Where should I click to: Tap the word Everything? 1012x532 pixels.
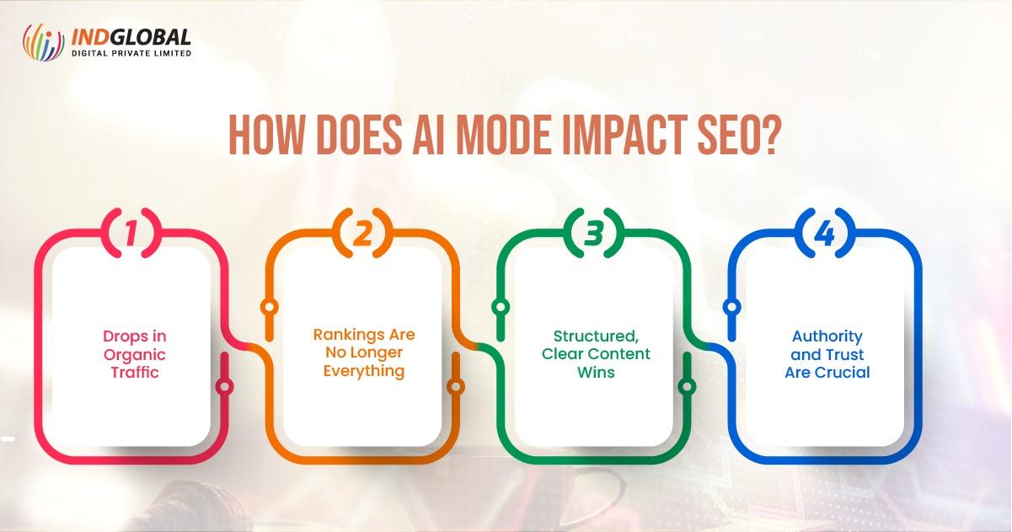click(x=363, y=371)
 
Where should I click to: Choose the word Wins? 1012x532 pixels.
click(x=595, y=372)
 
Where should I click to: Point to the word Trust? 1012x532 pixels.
click(x=843, y=354)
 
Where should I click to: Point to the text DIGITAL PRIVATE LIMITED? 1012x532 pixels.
click(x=131, y=53)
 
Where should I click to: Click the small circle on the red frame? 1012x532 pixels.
click(x=224, y=387)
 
